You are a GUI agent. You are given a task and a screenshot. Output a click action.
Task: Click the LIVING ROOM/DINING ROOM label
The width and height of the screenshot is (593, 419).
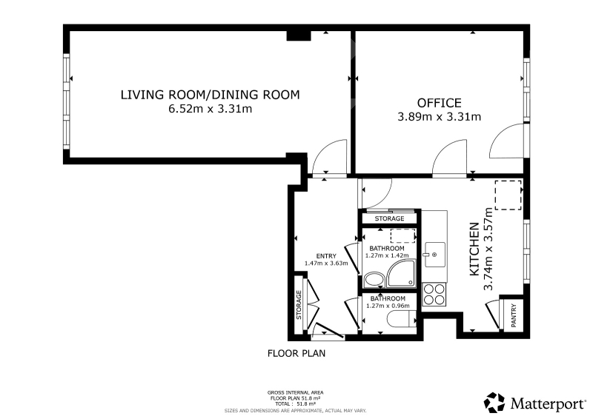pos(211,95)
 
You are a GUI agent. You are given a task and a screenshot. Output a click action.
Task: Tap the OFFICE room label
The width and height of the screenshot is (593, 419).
pos(439,103)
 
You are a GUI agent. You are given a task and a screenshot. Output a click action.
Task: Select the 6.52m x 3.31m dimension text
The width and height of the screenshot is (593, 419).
pos(211,109)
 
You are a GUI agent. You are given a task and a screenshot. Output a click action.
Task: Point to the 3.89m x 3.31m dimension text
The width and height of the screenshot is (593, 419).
pos(439,117)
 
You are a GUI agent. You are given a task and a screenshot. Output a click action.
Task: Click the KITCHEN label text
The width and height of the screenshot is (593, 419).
pos(474,249)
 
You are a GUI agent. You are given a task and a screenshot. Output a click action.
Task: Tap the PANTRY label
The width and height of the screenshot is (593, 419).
pos(514,315)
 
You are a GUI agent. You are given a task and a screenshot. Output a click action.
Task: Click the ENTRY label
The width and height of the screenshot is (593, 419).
pos(326,256)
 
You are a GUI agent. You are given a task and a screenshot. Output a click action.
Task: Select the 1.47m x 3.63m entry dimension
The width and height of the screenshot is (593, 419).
pos(326,264)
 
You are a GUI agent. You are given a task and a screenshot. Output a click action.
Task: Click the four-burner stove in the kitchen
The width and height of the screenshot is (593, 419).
pos(434,295)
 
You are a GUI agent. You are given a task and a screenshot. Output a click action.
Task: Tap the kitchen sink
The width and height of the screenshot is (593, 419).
pos(434,255)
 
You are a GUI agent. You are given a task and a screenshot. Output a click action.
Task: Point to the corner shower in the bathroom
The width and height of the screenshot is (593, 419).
pos(401,273)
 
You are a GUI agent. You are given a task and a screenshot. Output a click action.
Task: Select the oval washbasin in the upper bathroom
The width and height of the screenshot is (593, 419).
pos(374,280)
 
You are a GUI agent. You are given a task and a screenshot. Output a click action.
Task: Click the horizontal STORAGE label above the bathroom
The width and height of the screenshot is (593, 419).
pos(390,219)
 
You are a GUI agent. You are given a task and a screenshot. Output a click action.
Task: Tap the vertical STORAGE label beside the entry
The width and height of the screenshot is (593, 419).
pos(299,304)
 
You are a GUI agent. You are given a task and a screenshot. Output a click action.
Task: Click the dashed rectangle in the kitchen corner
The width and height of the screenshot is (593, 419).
pos(508,195)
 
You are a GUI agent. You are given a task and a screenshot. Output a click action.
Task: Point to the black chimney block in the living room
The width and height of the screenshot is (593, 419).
pos(299,35)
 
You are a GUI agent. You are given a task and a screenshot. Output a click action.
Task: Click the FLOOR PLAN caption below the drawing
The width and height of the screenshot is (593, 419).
pos(296,353)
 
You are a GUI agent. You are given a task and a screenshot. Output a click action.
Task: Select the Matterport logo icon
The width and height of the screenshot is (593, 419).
pos(494,403)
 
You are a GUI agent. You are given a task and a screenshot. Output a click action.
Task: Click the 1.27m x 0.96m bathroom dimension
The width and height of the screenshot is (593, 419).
pos(388,306)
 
